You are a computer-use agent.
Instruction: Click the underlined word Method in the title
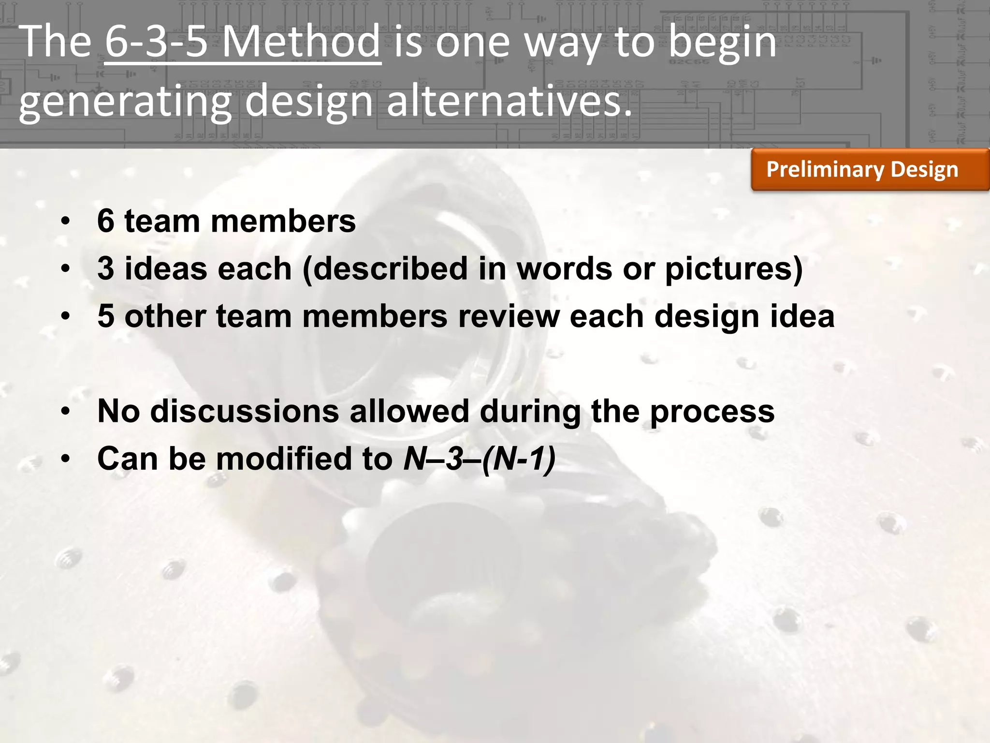301,42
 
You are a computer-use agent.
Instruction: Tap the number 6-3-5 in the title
156,42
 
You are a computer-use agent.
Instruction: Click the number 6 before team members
106,221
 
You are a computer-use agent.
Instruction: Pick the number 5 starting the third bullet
106,316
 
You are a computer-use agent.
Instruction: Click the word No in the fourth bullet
119,411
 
